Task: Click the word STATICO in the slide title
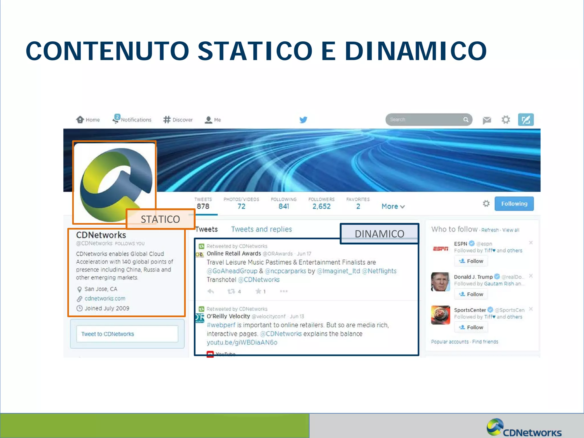255,51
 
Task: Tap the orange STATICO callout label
160,219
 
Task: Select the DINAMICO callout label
379,234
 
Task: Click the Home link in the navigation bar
88,120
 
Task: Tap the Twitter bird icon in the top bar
303,120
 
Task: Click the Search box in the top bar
425,119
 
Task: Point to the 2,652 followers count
321,206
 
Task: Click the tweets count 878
203,206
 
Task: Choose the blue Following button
514,204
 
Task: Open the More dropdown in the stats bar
393,206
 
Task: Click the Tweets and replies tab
261,229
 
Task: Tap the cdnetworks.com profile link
105,299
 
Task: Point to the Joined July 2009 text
107,308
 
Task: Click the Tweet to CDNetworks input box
127,334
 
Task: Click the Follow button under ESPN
471,261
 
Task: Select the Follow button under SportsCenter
471,327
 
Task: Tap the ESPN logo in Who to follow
441,249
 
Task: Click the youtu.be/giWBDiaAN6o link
242,342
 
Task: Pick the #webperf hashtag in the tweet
221,325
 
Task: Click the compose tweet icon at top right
526,120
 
